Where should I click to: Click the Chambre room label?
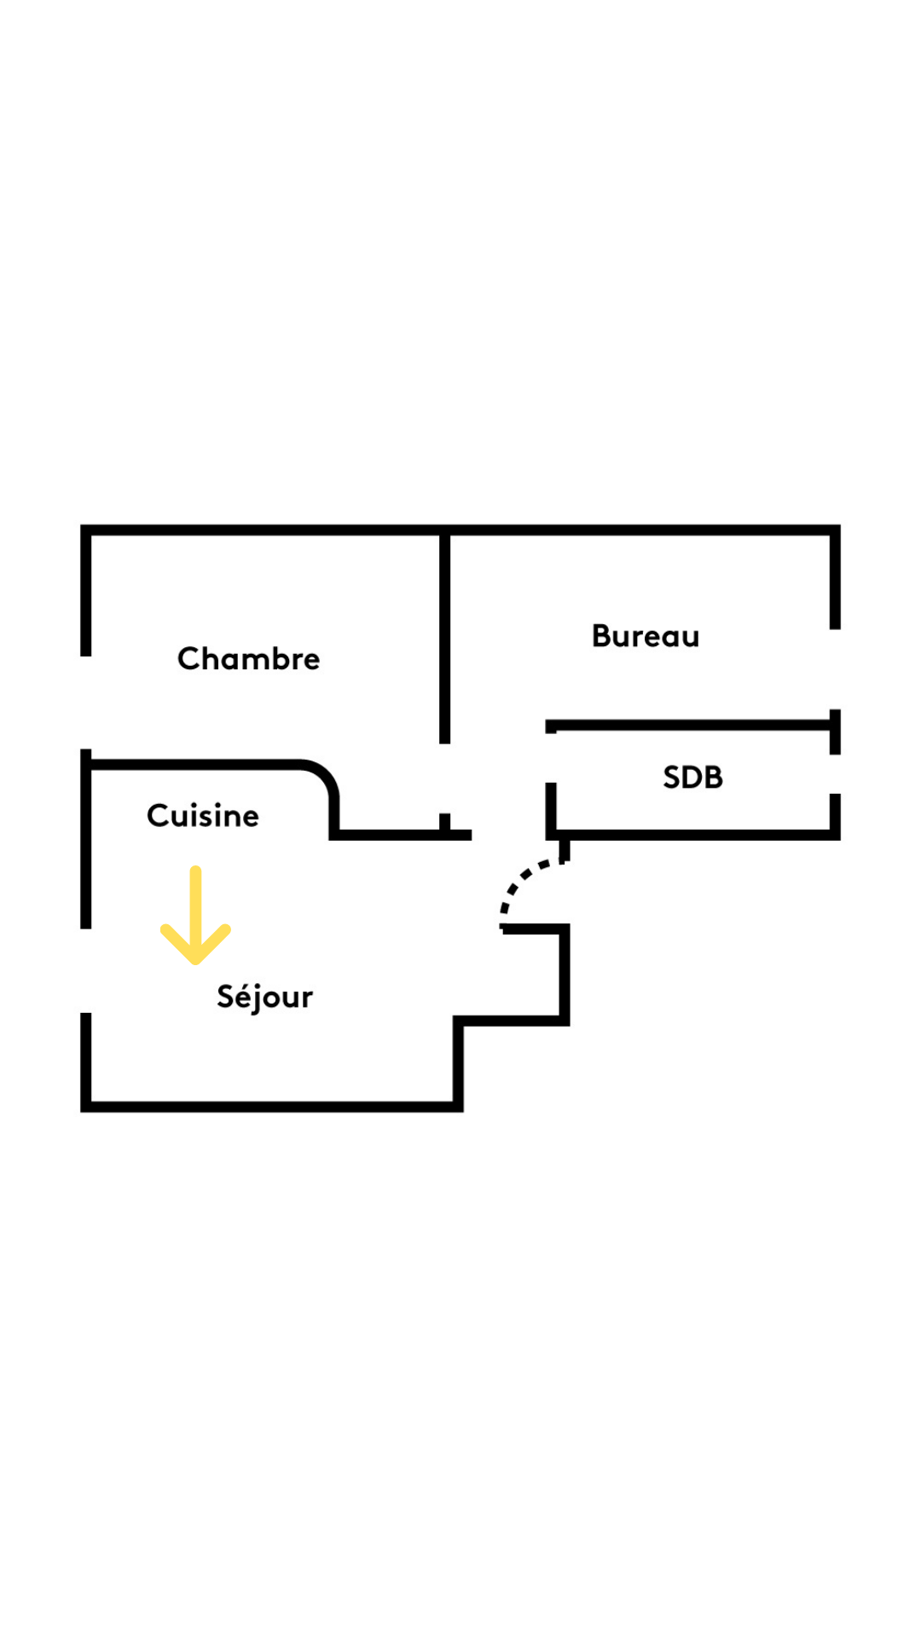248,658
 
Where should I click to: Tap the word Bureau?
646,636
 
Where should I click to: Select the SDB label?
692,777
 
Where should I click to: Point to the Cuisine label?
203,815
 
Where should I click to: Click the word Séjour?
264,997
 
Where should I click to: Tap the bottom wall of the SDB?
692,835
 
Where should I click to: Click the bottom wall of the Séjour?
272,1107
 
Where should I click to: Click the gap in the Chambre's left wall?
86,703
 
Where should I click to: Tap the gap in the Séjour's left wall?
86,970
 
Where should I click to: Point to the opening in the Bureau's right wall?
835,669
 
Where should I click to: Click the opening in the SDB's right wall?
835,774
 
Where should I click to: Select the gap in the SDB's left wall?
551,758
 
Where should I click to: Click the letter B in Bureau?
601,636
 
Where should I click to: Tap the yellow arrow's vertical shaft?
195,912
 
